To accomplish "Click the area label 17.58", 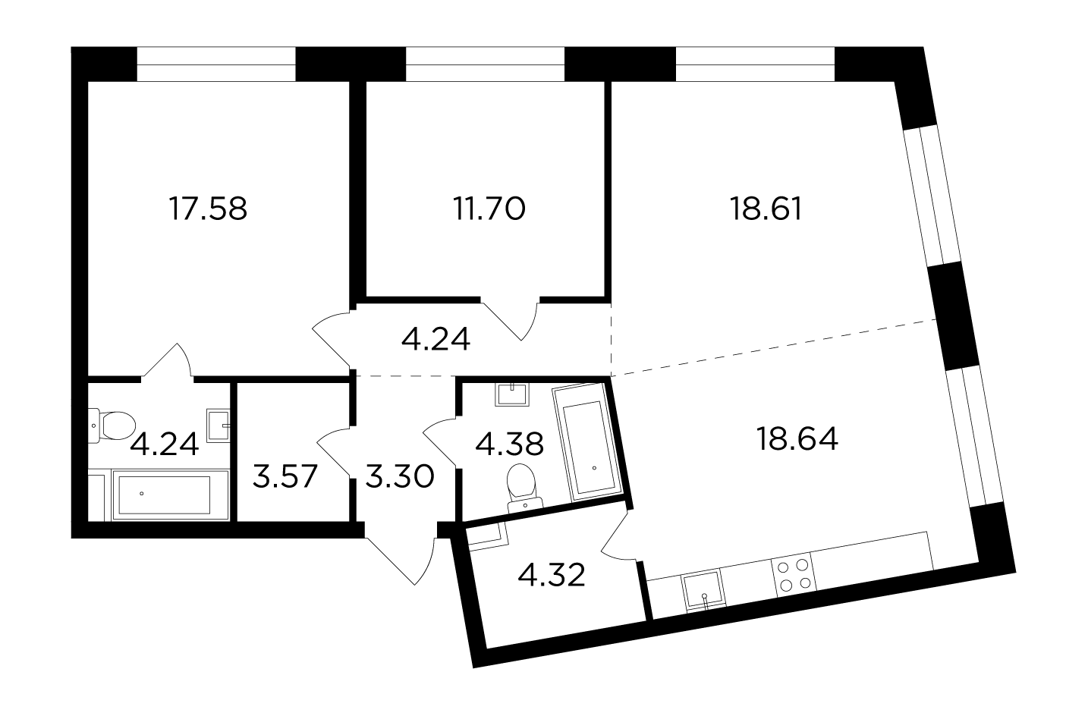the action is (208, 209).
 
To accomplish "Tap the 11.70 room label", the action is (489, 209).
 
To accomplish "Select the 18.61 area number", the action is (766, 209).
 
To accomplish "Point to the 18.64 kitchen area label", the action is (797, 439).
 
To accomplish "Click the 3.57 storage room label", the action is (285, 476).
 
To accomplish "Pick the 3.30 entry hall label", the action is (399, 476).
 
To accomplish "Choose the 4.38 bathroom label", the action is (509, 444).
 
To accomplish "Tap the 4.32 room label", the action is (552, 576).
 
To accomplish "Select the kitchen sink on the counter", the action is (703, 590).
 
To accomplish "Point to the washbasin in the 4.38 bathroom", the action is (512, 394).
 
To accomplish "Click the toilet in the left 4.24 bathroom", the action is (112, 426).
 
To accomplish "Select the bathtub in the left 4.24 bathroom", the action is (170, 495).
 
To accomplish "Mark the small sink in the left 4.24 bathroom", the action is (219, 426).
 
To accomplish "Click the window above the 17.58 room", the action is (216, 64).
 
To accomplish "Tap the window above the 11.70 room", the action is (485, 64).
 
